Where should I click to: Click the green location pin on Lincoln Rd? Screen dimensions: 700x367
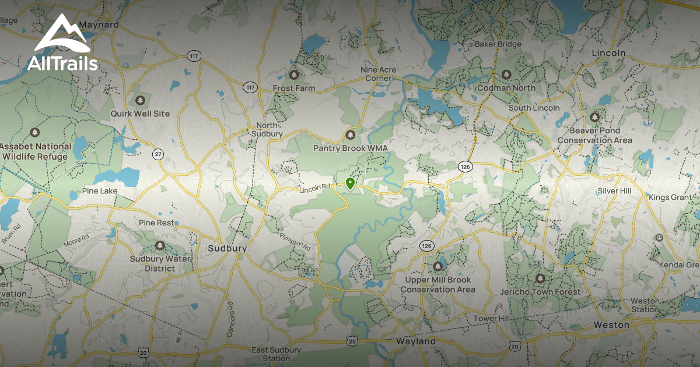click(x=350, y=183)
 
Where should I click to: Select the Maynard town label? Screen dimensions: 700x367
click(x=99, y=25)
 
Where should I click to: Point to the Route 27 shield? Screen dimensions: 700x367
click(x=157, y=154)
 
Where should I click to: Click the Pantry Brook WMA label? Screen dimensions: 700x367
click(x=350, y=149)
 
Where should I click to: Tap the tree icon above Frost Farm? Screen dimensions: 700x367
click(x=293, y=75)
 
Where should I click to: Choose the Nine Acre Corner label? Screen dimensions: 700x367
click(x=378, y=74)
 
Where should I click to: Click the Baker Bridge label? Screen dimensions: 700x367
click(x=498, y=44)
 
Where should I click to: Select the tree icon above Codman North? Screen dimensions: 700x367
click(x=506, y=75)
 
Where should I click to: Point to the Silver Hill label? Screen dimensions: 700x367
click(x=614, y=191)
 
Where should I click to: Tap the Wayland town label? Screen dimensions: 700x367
click(x=416, y=341)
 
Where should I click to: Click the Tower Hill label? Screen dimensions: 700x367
click(x=491, y=319)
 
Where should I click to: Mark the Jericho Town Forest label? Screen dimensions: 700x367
click(x=540, y=291)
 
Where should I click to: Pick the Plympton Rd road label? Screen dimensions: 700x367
click(x=295, y=241)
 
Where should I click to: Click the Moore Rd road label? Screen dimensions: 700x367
click(x=77, y=238)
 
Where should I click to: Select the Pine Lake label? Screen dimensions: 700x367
click(x=100, y=191)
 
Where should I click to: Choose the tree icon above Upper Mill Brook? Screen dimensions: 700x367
click(x=437, y=266)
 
